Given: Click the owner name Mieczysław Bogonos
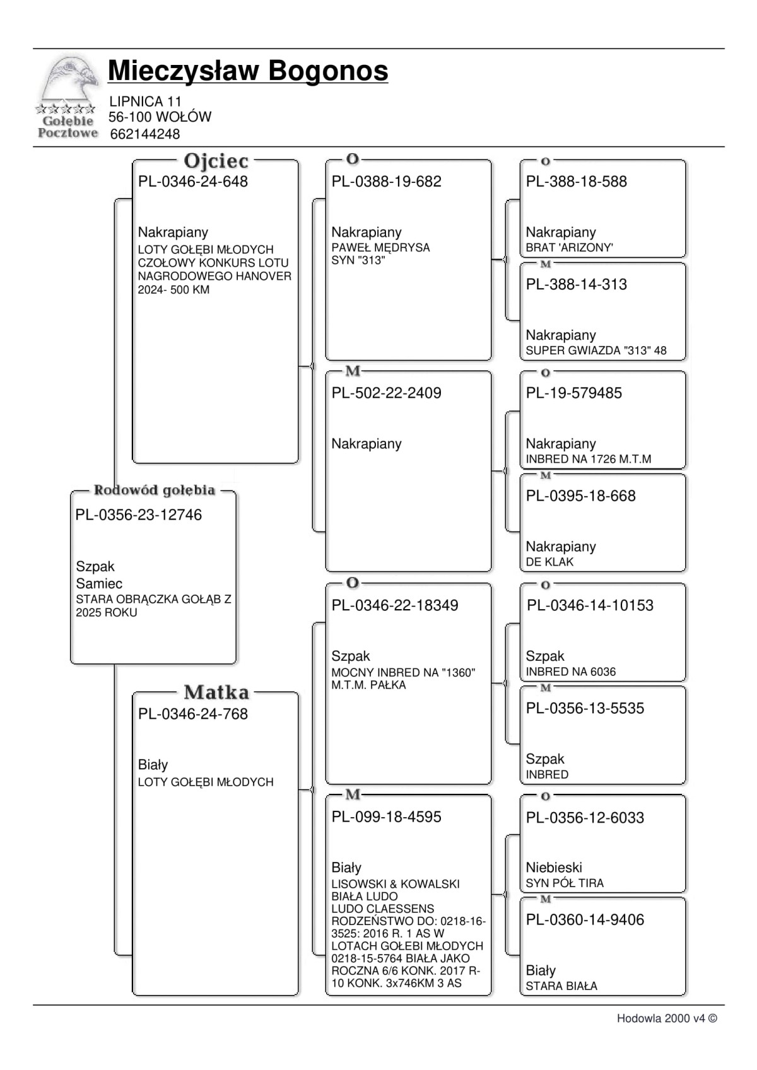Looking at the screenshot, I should pos(248,71).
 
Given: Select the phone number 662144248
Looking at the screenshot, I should pos(144,134).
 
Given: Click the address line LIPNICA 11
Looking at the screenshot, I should pos(145,102).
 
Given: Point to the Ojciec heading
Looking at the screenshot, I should pos(216,161).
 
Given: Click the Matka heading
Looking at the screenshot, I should pos(216,692).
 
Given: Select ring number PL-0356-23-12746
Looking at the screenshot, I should pos(139,515).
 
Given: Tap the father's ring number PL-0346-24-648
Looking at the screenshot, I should pos(193,182).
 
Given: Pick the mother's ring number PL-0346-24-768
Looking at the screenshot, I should pos(193,714).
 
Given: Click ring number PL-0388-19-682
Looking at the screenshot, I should pos(386,182).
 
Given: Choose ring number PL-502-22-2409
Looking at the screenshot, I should pos(386,393).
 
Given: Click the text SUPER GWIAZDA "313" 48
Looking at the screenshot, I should pos(596,351).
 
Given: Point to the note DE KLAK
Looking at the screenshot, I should pos(549,562).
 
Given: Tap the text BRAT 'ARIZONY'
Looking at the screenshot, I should pos(569,248).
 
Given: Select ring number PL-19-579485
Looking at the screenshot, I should pos(573,393).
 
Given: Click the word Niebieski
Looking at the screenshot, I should pos(554,868).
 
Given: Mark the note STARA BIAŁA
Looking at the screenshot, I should pos(561,986).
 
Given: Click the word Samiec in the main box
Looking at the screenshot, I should pos(99,584).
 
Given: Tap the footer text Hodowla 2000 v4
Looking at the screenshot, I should pos(666,1018).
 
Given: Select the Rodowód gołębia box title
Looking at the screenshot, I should pos(155,490).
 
